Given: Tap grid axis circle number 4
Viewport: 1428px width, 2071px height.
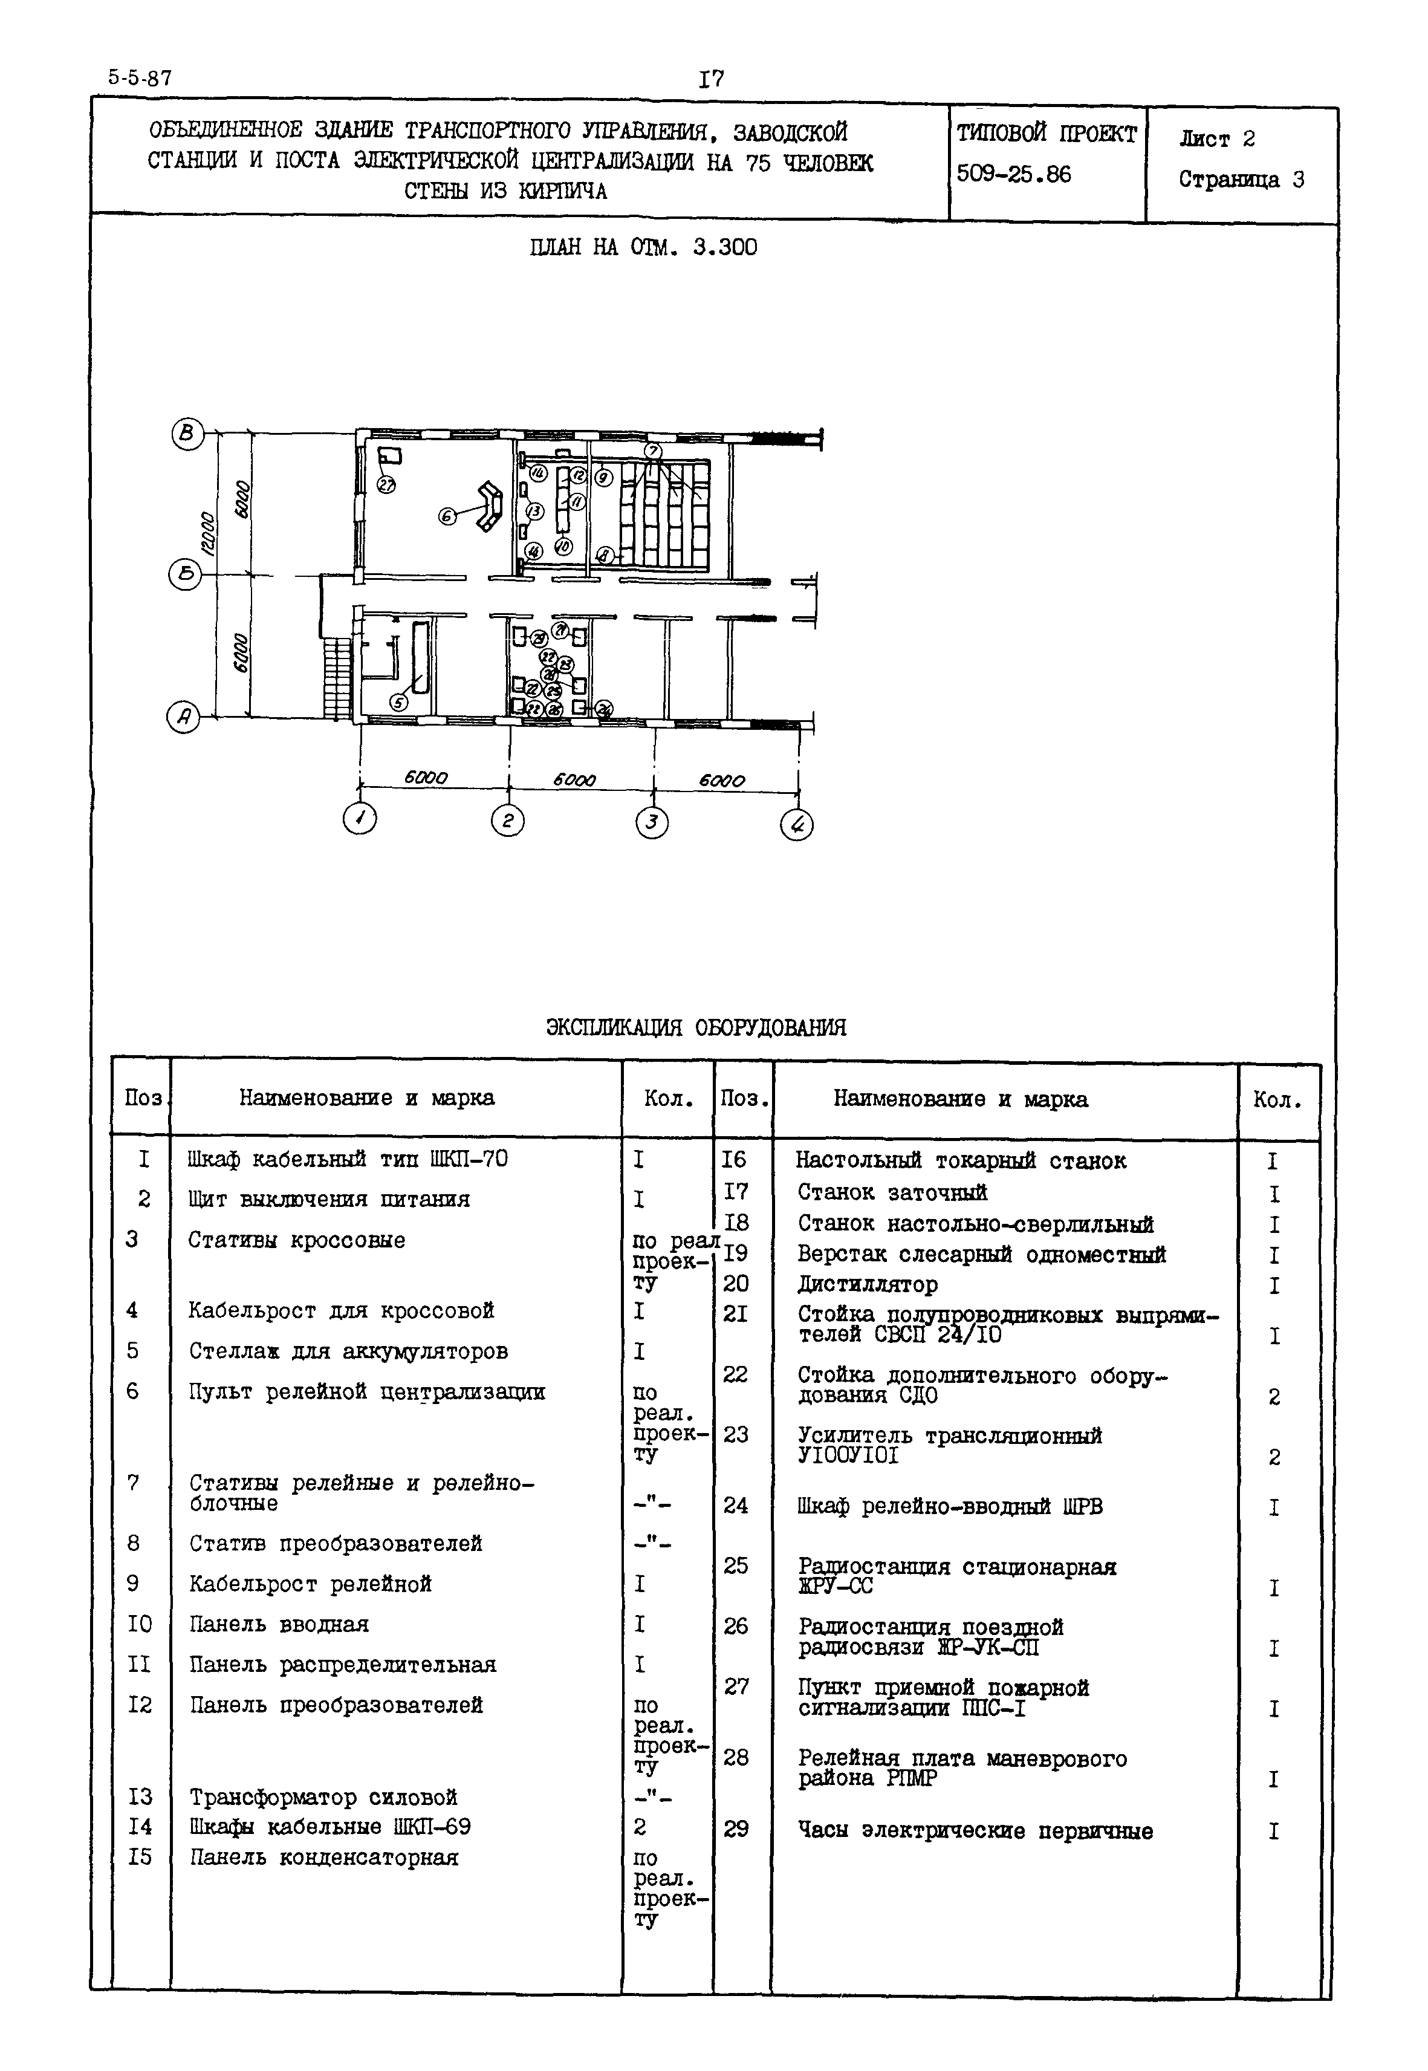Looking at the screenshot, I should (796, 824).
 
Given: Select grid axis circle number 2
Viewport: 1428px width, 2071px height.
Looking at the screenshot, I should (507, 821).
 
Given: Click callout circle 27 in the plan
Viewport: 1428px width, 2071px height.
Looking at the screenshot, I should (386, 484).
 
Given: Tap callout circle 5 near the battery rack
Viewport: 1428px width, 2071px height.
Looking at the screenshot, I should (399, 703).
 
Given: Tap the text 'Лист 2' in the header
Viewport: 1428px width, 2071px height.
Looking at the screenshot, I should (1217, 138).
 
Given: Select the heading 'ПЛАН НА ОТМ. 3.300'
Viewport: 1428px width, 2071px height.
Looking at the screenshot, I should (643, 247).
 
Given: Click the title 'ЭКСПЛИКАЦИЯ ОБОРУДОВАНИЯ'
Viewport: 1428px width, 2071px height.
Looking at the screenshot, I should (696, 1027).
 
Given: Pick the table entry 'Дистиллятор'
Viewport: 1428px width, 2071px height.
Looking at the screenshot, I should (867, 1284).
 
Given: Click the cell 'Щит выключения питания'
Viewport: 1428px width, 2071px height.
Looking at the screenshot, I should (328, 1199).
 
